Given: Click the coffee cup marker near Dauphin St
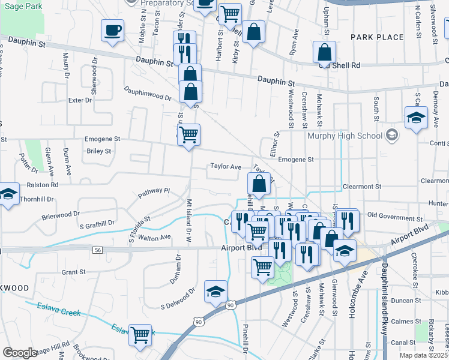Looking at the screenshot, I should [112, 30].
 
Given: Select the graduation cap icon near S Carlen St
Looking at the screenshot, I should [416, 118].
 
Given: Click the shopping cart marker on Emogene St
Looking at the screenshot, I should [188, 135].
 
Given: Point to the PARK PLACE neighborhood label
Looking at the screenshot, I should [377, 37].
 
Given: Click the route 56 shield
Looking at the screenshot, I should [97, 249].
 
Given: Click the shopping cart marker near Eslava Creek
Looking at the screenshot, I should [140, 335].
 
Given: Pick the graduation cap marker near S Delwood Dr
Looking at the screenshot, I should [215, 291].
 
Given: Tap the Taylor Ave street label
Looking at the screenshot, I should [225, 167].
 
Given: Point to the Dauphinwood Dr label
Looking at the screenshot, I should [148, 94].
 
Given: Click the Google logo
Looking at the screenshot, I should [19, 353].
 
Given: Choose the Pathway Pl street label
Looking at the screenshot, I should [154, 192].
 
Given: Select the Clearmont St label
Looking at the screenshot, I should [361, 187].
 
